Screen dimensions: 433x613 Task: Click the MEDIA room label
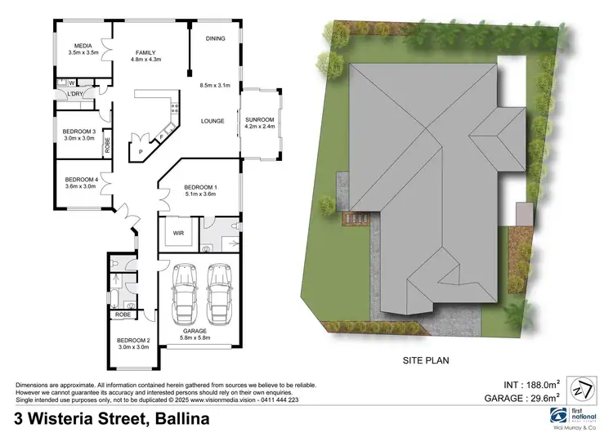[x=83, y=46]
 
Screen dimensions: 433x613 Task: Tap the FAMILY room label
[x=145, y=52]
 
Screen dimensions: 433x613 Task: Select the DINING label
[x=215, y=38]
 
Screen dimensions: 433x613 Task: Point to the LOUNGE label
[x=213, y=121]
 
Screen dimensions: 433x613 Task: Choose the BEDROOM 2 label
[x=133, y=340]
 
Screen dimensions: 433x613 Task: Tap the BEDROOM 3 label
[x=79, y=132]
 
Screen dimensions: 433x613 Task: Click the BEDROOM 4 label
[x=81, y=180]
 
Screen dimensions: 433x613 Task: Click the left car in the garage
[x=184, y=293]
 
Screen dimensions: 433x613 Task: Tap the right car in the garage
[x=218, y=293]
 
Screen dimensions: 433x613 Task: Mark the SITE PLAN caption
[x=426, y=359]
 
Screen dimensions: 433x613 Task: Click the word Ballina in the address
[x=180, y=419]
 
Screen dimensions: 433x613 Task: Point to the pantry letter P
[x=141, y=152]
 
